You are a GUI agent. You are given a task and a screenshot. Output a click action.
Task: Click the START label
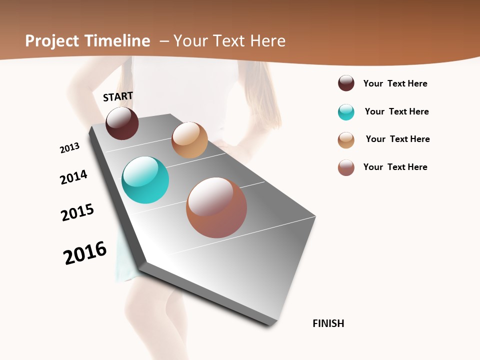point(118,96)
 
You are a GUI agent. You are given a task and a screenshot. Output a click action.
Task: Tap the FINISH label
point(328,323)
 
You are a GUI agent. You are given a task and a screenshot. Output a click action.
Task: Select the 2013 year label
point(69,148)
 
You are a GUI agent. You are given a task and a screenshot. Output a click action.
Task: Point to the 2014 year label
point(73,177)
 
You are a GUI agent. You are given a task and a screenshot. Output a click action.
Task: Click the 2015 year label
point(77,212)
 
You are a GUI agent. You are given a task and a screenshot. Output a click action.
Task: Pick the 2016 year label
point(85,253)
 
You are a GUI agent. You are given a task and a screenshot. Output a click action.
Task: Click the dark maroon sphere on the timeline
point(122,123)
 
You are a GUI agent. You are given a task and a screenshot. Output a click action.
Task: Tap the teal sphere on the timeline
point(145,180)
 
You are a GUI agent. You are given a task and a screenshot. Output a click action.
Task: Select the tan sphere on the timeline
point(189,140)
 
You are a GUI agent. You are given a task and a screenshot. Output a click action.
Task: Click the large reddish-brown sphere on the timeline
point(216,207)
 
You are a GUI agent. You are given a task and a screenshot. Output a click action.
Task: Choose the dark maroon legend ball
point(346,83)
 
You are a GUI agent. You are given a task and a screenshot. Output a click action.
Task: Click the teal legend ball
point(346,112)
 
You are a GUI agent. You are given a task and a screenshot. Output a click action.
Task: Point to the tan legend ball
point(346,140)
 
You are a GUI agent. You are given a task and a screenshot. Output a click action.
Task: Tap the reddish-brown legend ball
point(346,168)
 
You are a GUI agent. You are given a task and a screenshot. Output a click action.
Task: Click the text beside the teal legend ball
point(396,111)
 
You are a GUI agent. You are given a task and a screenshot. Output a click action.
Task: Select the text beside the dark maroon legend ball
point(395,83)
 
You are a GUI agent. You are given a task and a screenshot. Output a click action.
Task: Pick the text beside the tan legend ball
point(397,139)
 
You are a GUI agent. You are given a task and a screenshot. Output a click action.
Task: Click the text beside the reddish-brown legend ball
point(395,167)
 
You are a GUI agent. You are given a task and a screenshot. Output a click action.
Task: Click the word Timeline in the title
point(118,41)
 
